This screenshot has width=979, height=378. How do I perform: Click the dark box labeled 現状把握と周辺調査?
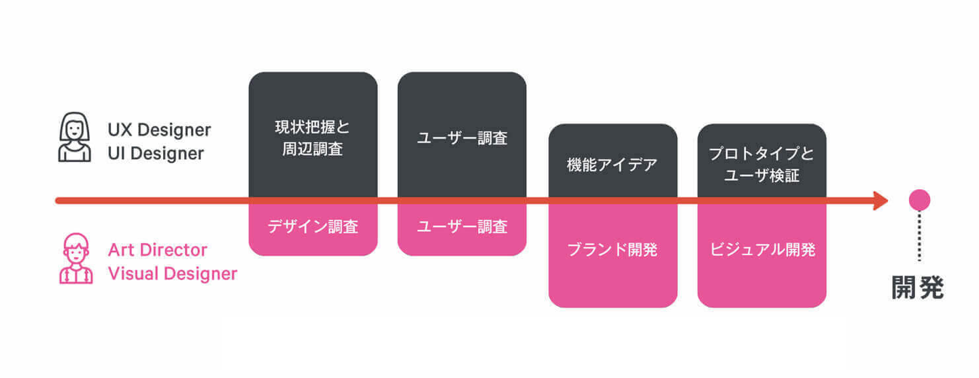(x=313, y=136)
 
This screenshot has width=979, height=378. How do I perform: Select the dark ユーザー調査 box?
(x=462, y=136)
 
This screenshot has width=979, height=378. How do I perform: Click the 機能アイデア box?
(x=613, y=163)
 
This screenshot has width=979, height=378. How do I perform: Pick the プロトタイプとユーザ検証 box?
(x=761, y=163)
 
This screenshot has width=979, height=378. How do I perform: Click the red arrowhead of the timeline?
(x=881, y=201)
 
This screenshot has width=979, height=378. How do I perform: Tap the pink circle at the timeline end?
(x=919, y=200)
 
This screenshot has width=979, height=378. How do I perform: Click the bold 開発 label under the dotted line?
(x=918, y=288)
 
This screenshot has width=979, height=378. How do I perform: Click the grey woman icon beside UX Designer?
(x=74, y=137)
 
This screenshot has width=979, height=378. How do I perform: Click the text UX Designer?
(x=159, y=129)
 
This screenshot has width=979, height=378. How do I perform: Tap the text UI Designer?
(x=156, y=154)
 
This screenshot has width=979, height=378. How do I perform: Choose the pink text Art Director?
(x=158, y=250)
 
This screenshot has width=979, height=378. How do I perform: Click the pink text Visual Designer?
(x=173, y=274)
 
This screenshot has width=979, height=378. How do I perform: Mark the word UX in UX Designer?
(x=118, y=129)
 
